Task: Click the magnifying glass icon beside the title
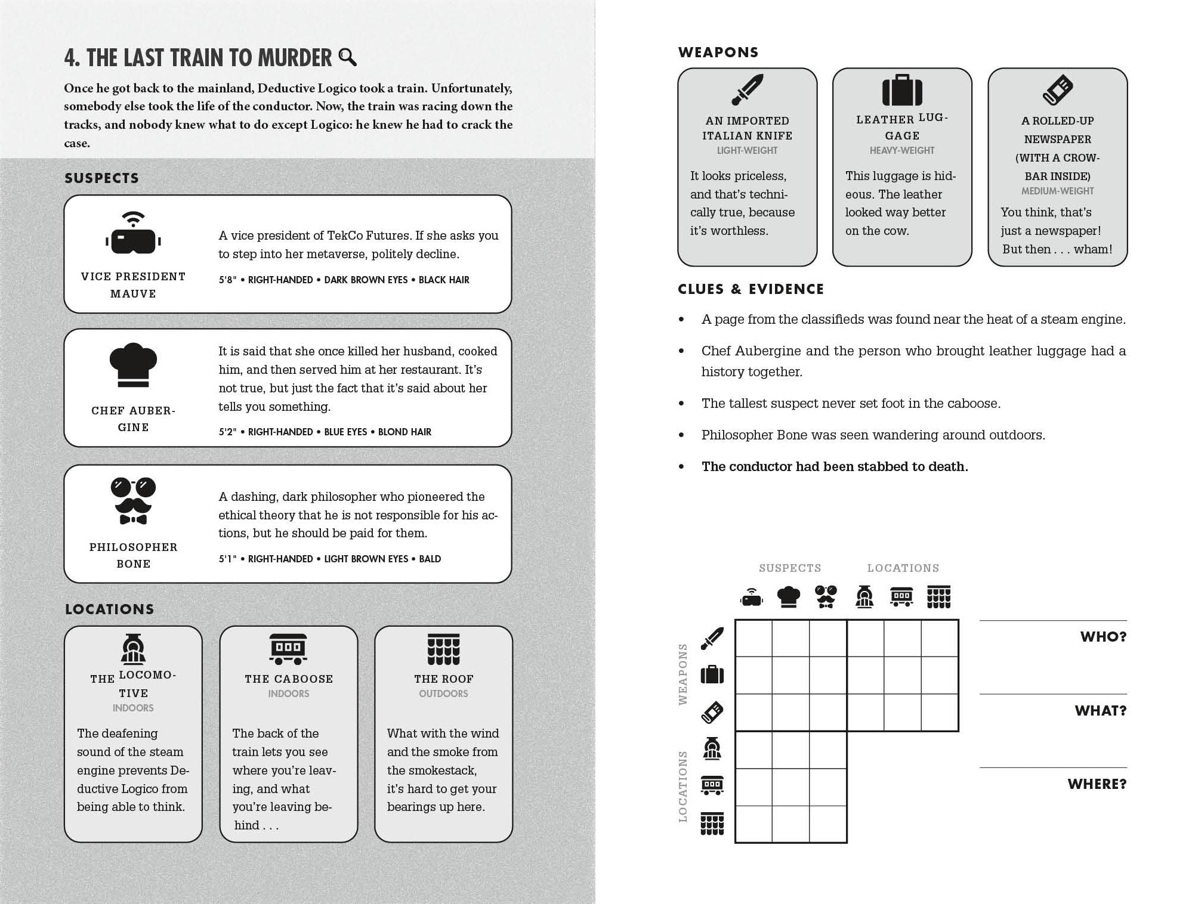click(347, 57)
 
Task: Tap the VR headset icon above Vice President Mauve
click(133, 233)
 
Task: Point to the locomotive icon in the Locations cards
click(132, 649)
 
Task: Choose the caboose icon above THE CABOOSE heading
click(288, 649)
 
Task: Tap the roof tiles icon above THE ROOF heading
click(443, 649)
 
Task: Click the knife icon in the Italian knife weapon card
click(747, 90)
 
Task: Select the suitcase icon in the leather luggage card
click(902, 90)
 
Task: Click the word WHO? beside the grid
click(1103, 637)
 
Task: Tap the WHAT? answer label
click(1100, 711)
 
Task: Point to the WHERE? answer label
click(1097, 784)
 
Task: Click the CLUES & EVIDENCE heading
click(751, 289)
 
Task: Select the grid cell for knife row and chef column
click(790, 639)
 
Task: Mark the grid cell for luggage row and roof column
click(940, 676)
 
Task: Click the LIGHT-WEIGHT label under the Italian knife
click(747, 151)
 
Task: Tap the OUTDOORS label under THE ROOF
click(443, 694)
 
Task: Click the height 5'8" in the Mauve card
click(227, 280)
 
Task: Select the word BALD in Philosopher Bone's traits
click(430, 559)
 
